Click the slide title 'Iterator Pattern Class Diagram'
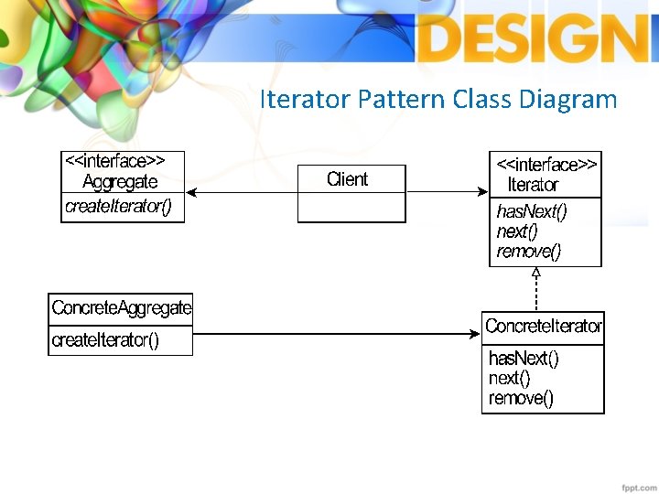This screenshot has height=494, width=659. pyautogui.click(x=438, y=99)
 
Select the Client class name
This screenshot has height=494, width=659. pyautogui.click(x=348, y=179)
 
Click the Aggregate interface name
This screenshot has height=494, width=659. pyautogui.click(x=120, y=182)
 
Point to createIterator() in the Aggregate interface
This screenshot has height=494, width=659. pyautogui.click(x=117, y=207)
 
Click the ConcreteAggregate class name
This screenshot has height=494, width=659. pyautogui.click(x=122, y=308)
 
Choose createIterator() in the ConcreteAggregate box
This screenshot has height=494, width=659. pyautogui.click(x=105, y=340)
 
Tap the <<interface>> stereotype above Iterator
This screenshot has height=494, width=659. pyautogui.click(x=546, y=165)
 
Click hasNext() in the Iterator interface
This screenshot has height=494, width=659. pyautogui.click(x=531, y=211)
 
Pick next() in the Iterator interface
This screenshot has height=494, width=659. pyautogui.click(x=516, y=231)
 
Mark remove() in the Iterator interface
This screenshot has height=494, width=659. pyautogui.click(x=528, y=251)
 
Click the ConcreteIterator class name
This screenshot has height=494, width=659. pyautogui.click(x=544, y=327)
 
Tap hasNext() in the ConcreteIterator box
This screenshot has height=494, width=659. pyautogui.click(x=524, y=358)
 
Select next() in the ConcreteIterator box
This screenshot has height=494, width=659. pyautogui.click(x=509, y=378)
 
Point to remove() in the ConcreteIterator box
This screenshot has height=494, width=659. pyautogui.click(x=521, y=398)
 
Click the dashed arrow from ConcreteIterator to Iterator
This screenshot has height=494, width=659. pyautogui.click(x=536, y=290)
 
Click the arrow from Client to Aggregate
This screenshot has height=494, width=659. pyautogui.click(x=242, y=192)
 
